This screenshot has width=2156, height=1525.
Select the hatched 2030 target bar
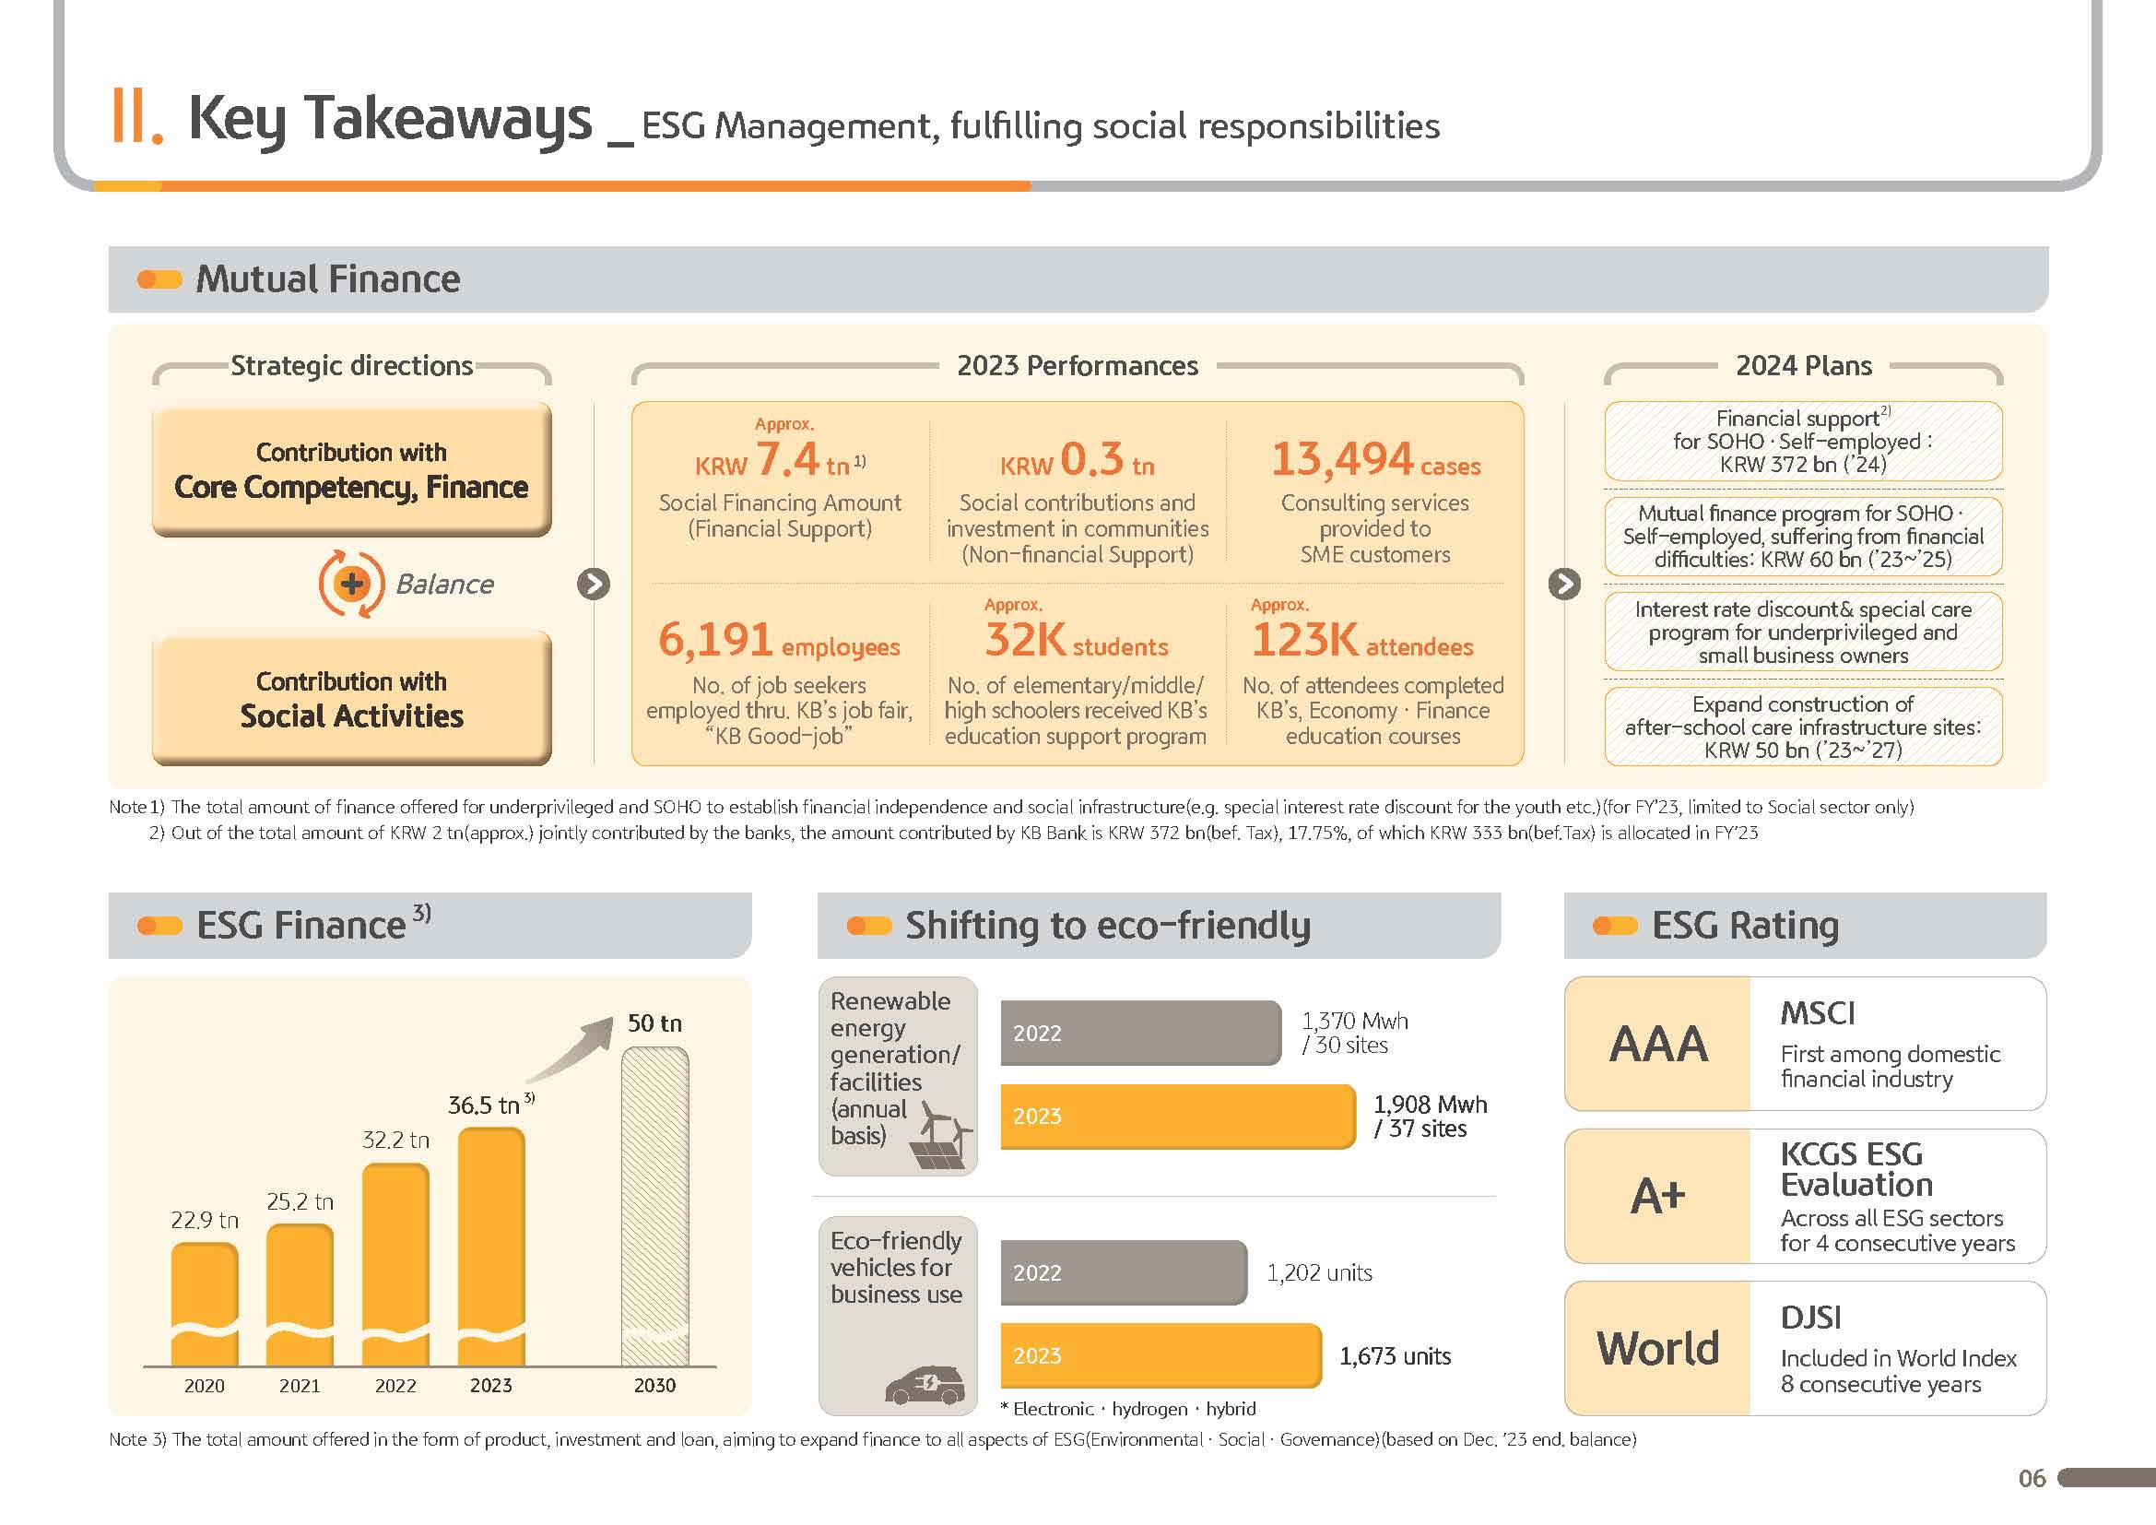click(x=654, y=1207)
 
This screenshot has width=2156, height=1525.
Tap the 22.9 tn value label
click(x=205, y=1220)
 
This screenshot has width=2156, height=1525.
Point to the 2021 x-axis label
click(x=300, y=1386)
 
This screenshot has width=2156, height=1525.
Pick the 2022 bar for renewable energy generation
click(x=1140, y=1033)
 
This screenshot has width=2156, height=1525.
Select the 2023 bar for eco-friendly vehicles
click(x=1160, y=1356)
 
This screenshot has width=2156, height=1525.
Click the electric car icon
click(x=925, y=1385)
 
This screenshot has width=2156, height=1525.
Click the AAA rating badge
click(x=1658, y=1045)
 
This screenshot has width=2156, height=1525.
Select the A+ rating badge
click(x=1658, y=1197)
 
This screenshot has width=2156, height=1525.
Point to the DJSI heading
click(x=1810, y=1318)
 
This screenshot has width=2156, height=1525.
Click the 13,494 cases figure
click(x=1374, y=461)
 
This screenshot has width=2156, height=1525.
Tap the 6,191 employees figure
click(x=779, y=642)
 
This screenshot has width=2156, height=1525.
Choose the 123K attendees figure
click(x=1361, y=642)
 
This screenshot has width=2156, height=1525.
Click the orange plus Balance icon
click(x=352, y=584)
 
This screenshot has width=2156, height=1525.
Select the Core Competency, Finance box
click(x=352, y=469)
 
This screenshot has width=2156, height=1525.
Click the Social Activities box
click(x=352, y=699)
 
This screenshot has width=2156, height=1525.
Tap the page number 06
click(x=2032, y=1479)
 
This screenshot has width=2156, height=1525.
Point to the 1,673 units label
click(x=1395, y=1356)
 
